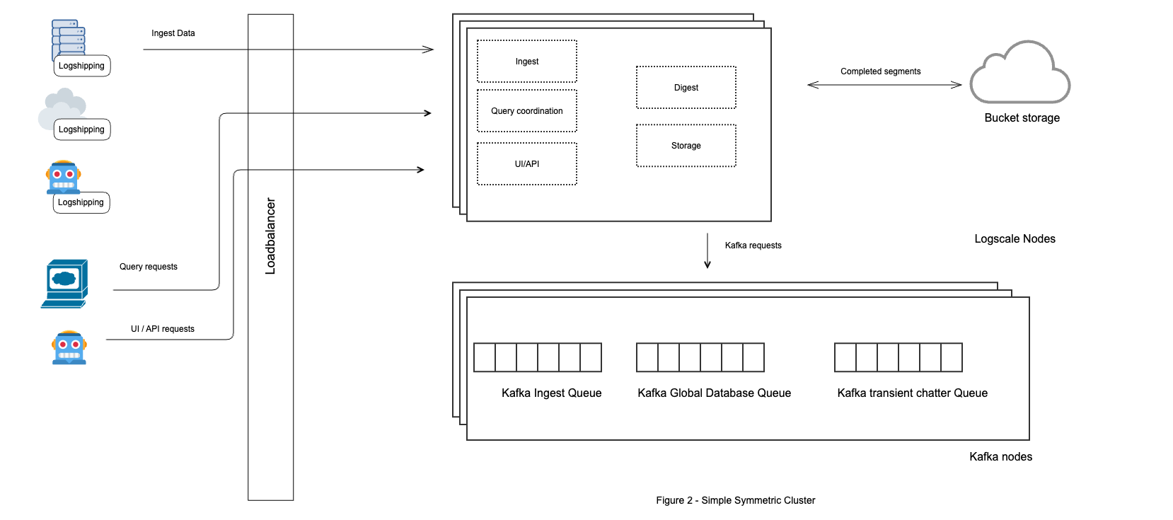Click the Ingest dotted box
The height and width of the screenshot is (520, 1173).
pos(527,62)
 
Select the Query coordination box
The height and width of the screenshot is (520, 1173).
pos(527,111)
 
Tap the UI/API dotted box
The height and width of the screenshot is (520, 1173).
pos(527,164)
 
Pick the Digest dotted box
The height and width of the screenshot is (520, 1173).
pos(686,88)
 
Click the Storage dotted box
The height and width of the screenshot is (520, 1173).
pos(686,146)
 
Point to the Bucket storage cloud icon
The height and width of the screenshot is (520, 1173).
pos(1019,74)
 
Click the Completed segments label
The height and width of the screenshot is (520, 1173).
pos(880,71)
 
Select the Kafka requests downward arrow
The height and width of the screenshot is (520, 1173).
pos(707,251)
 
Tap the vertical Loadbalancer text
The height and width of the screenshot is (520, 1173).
pos(270,236)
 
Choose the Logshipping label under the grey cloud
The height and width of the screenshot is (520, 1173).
pos(81,129)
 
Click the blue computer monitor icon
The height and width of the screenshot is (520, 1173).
pos(64,283)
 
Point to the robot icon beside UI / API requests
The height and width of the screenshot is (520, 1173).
pos(69,347)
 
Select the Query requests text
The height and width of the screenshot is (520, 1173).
pos(148,267)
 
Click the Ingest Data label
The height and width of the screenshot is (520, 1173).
pos(173,33)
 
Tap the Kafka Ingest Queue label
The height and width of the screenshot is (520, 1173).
pos(551,393)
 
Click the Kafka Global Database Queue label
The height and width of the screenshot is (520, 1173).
pos(714,393)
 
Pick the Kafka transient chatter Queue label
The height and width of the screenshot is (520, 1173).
pos(912,393)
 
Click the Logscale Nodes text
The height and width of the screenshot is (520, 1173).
pos(1015,239)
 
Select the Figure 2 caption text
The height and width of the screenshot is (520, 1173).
pos(735,500)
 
